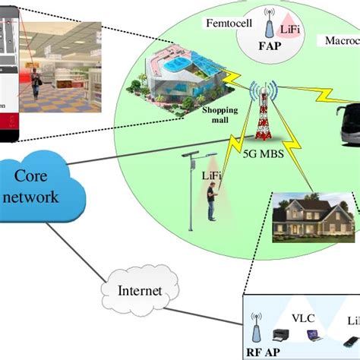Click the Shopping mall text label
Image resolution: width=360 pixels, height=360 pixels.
[218, 114]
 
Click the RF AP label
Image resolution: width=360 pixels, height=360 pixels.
[263, 352]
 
